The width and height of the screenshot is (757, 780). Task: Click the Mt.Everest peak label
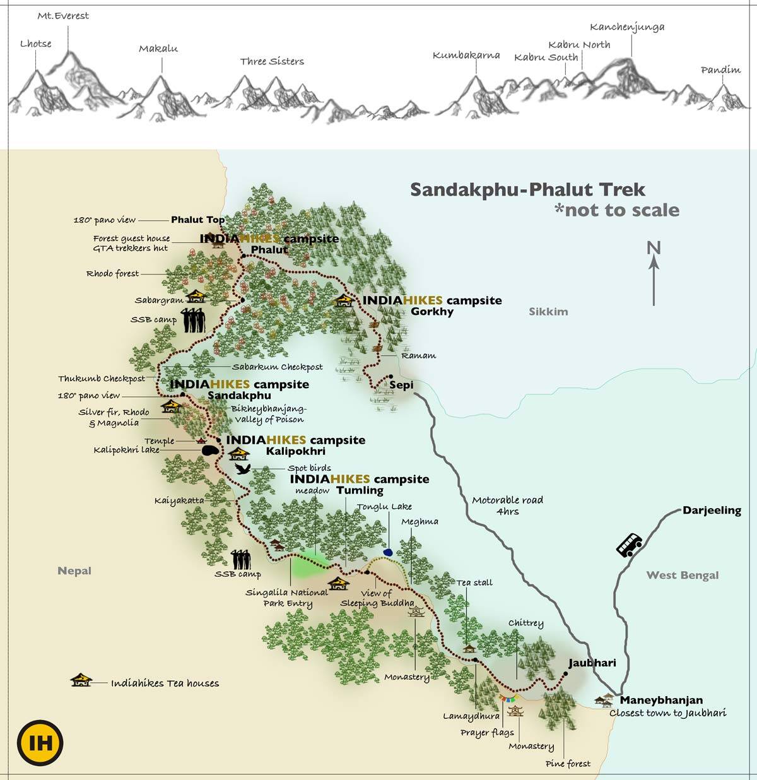(x=63, y=16)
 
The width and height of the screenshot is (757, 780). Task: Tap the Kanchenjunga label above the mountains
(x=627, y=27)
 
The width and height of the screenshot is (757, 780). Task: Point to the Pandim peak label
(x=720, y=70)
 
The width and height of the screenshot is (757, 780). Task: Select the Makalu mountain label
(x=158, y=49)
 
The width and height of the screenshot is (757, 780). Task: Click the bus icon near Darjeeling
(x=629, y=545)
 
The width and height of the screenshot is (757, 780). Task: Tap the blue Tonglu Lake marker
(x=387, y=552)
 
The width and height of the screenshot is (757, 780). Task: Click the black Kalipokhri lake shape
(x=210, y=451)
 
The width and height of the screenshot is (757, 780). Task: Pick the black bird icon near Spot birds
(x=242, y=469)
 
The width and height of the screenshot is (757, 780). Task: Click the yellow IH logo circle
(x=40, y=743)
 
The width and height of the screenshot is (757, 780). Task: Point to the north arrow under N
(x=654, y=281)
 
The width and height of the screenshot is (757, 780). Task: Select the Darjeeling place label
(x=712, y=511)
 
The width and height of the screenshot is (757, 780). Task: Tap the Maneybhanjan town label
(x=661, y=700)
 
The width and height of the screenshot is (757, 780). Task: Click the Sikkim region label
(x=548, y=311)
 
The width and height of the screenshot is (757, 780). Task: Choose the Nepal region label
(x=74, y=570)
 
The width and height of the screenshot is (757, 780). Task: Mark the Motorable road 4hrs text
(x=507, y=505)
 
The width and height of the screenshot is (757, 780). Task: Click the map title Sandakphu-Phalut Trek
(x=527, y=189)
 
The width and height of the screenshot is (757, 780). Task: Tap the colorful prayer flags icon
(x=508, y=698)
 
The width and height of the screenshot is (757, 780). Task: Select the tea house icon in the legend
(x=81, y=680)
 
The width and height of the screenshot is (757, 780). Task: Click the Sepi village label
(x=401, y=385)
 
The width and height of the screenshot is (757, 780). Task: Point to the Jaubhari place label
(x=592, y=663)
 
